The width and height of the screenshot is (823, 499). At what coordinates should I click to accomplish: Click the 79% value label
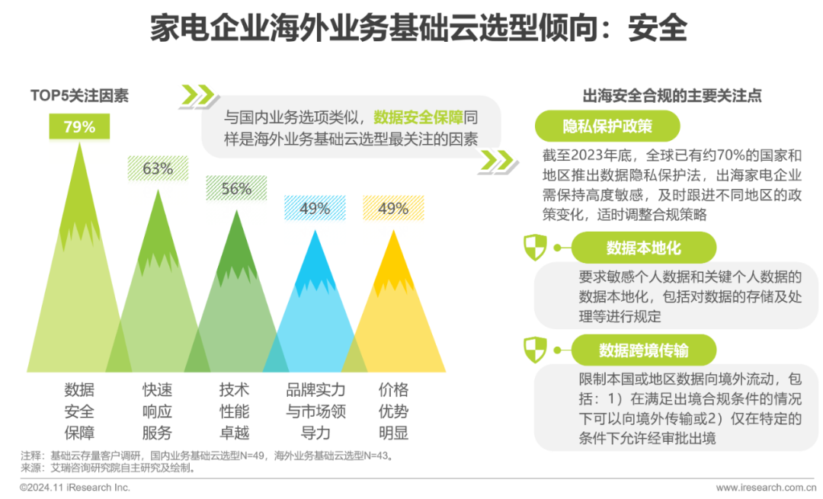79,126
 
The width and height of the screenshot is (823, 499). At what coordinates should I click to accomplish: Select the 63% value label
158,168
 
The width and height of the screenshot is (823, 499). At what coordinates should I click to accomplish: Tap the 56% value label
236,188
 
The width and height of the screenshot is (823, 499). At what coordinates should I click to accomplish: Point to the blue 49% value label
315,208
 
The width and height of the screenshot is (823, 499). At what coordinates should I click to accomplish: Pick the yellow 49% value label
393,208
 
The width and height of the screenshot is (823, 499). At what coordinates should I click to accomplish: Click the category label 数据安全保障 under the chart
79,411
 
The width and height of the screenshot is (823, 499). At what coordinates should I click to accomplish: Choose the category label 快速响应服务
158,411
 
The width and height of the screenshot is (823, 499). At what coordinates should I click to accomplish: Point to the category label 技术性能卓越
235,411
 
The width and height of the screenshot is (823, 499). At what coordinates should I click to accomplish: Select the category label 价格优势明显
394,411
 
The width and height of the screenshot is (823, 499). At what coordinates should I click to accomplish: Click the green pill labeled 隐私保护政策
607,126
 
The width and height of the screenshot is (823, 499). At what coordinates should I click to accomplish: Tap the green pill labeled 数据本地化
643,248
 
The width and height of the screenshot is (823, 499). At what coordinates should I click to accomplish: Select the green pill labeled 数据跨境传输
643,350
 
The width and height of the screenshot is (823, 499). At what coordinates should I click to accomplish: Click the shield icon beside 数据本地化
536,247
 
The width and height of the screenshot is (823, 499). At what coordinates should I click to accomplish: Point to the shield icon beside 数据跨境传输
536,350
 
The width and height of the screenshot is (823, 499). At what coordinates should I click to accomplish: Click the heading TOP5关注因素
79,95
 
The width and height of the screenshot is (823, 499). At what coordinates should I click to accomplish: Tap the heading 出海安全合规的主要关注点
672,95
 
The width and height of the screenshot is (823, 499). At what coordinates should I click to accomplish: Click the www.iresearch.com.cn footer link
766,488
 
